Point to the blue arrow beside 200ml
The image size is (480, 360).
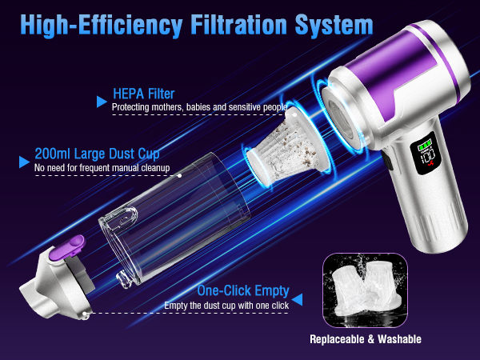(23, 162)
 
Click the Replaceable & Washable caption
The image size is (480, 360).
(366, 338)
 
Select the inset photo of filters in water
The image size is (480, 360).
(366, 289)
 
